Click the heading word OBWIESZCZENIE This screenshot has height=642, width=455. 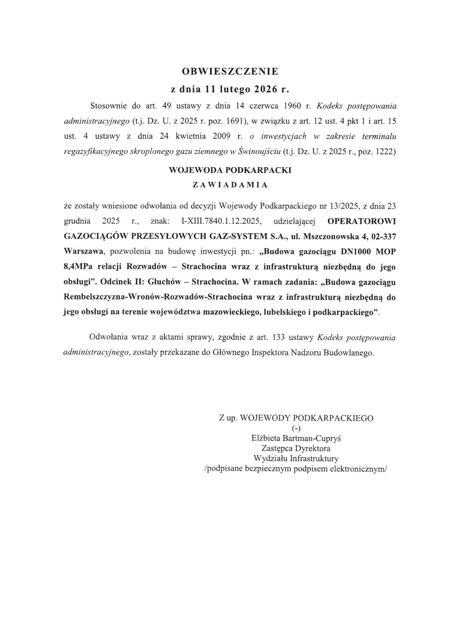(x=230, y=71)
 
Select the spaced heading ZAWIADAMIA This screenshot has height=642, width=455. (x=230, y=185)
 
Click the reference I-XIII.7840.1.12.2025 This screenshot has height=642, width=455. (x=221, y=221)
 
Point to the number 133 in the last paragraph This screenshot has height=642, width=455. (x=278, y=337)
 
